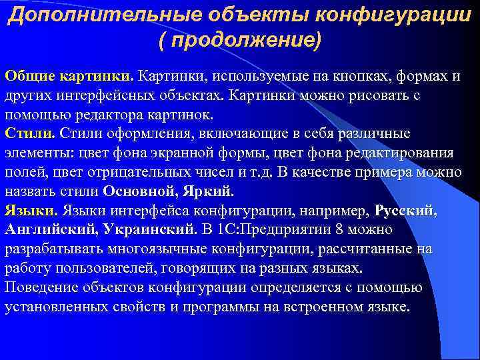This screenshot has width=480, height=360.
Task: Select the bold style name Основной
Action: point(140,191)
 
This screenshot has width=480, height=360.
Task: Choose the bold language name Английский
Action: point(51,230)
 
